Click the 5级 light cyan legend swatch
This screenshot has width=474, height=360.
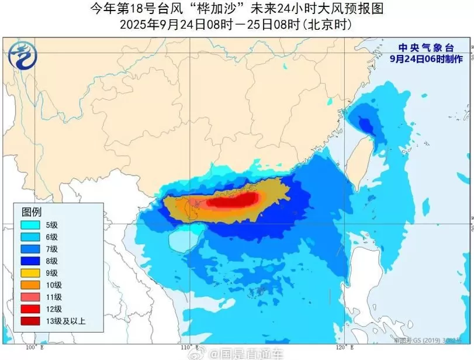pos(30,224)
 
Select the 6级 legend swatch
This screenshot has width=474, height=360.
pos(30,237)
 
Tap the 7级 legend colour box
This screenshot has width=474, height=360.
pos(30,248)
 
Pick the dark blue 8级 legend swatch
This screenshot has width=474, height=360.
pos(30,261)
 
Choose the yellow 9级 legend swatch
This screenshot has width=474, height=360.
pos(30,272)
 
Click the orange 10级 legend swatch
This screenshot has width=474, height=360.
pos(30,285)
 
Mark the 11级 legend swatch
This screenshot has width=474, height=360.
pos(30,296)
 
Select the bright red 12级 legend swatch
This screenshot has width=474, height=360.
pos(30,309)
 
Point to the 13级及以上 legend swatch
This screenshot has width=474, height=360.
pos(30,320)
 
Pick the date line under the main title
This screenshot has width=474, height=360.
pos(236,25)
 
